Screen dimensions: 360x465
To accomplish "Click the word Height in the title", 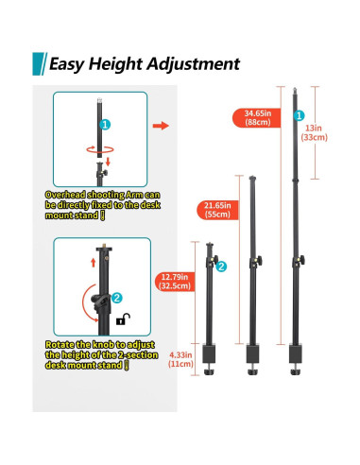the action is tap(115, 64).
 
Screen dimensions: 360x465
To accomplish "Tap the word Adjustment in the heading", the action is tap(193, 64).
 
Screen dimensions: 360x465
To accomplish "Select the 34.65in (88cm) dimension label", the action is tap(257, 118).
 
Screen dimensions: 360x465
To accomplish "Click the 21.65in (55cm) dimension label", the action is tap(217, 210).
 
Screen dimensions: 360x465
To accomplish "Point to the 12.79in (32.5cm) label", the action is tap(175, 282).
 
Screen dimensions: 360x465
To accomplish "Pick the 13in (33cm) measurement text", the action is tap(314, 132).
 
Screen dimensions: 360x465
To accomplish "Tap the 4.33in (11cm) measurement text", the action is tap(180, 359).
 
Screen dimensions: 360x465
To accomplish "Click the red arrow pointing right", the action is tap(161, 126).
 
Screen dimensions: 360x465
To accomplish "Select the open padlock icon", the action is tap(123, 319).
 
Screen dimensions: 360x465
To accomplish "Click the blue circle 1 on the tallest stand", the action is tap(299, 115).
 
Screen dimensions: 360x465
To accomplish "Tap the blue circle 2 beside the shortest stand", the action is tap(221, 267).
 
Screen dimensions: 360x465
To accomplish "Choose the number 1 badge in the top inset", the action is tap(105, 125).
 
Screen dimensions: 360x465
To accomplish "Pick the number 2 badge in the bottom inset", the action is tap(117, 298).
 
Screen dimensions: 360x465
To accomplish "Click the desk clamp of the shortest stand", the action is tap(209, 359).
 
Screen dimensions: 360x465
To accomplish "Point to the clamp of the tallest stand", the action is tap(296, 359).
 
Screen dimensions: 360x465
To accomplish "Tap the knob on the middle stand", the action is tap(259, 261).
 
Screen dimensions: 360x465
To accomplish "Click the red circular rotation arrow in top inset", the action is tap(99, 149).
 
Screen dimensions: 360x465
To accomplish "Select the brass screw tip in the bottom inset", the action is tap(104, 246).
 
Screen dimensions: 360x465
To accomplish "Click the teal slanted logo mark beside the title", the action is tap(40, 64).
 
